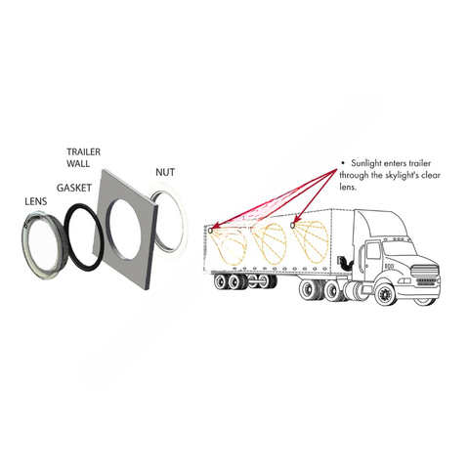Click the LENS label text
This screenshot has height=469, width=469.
[x=36, y=201]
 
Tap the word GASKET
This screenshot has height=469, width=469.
[x=74, y=188]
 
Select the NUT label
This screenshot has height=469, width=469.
[x=165, y=172]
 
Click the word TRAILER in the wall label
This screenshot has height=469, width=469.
[x=84, y=151]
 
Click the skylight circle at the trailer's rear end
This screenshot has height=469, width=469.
[x=210, y=231]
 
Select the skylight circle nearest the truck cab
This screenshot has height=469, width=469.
[x=292, y=226]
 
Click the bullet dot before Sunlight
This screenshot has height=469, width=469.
[x=342, y=163]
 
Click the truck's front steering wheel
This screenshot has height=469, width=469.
[x=385, y=295]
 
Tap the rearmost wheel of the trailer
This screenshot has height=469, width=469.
[x=220, y=281]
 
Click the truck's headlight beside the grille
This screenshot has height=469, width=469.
[x=404, y=280]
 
